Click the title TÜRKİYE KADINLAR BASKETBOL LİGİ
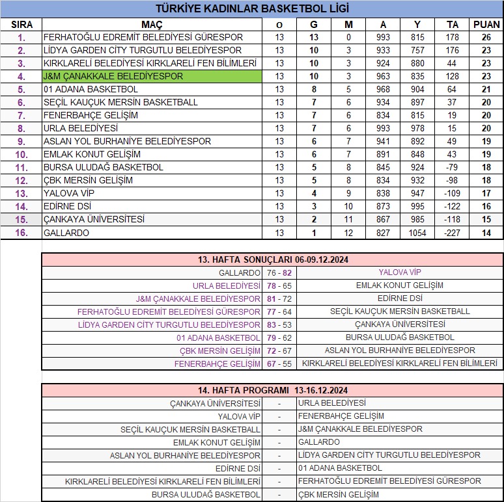252,8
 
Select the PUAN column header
486,24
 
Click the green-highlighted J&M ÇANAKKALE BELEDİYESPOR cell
152,76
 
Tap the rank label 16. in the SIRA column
21,233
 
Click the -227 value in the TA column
452,233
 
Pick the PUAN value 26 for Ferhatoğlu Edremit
486,37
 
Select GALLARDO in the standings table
66,233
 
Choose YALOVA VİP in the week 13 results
400,272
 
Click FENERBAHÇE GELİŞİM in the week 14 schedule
341,416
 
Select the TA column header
452,24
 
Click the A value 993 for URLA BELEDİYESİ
383,128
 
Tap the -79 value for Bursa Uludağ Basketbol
452,167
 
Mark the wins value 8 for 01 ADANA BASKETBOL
314,89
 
